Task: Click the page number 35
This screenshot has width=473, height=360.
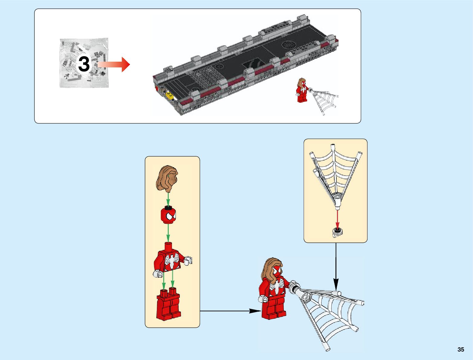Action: click(461, 349)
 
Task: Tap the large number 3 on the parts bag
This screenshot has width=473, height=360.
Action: click(84, 64)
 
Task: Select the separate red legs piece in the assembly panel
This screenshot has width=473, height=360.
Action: click(168, 305)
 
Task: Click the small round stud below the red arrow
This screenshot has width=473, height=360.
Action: click(337, 232)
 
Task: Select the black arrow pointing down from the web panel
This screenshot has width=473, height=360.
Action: click(336, 266)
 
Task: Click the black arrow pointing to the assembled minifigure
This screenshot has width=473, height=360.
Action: click(230, 311)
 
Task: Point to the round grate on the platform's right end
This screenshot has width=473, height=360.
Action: click(288, 45)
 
